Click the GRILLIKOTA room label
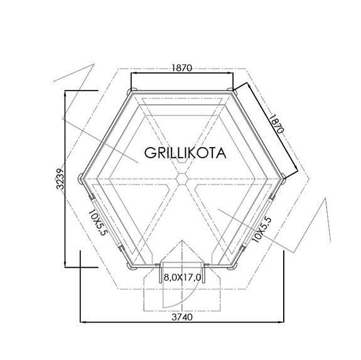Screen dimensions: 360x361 185,153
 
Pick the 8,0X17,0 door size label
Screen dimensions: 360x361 182,276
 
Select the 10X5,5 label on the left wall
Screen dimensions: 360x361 99,223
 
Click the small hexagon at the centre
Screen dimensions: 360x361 181,178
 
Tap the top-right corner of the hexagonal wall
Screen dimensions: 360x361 232,92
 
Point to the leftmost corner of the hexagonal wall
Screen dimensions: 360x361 81,178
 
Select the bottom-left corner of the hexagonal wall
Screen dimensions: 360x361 131,266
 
